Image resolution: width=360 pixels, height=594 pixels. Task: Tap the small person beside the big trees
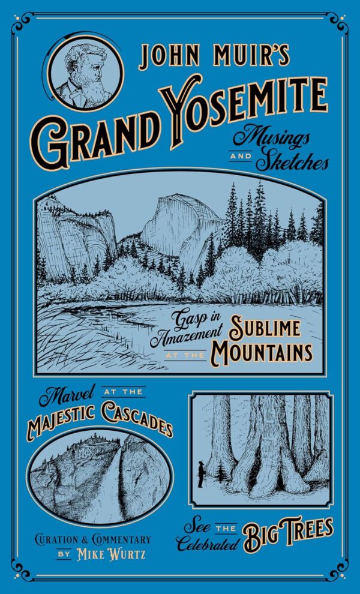(200, 473)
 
